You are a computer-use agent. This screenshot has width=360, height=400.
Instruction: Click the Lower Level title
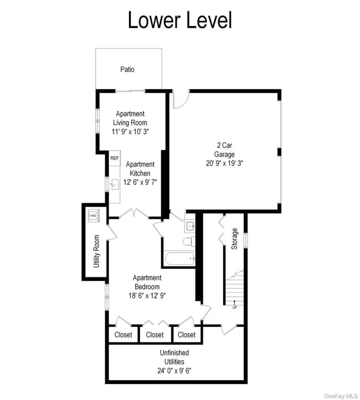180,20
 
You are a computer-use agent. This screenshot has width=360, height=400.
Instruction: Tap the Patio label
127,69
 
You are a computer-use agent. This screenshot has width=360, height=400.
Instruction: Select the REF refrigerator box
115,158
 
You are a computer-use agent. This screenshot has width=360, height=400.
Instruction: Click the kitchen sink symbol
115,184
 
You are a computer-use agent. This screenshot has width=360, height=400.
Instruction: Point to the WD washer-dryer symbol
94,216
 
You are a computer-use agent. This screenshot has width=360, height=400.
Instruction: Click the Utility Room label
96,252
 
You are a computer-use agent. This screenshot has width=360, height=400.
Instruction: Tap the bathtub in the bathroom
180,259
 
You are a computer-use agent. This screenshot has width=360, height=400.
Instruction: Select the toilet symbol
189,242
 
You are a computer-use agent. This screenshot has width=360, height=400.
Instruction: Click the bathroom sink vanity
189,226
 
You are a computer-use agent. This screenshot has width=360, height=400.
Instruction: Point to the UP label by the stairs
235,307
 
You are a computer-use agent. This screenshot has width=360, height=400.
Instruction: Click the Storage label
234,239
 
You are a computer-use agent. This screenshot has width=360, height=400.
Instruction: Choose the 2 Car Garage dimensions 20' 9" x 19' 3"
225,163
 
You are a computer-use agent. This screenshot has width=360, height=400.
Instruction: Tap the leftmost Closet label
123,335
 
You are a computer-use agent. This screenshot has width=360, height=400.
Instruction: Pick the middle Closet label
155,335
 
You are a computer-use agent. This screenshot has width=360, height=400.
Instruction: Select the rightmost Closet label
187,335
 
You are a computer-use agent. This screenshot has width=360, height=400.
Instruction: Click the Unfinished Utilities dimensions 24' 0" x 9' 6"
174,371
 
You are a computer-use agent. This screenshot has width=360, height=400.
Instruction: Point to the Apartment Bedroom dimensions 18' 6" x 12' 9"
147,296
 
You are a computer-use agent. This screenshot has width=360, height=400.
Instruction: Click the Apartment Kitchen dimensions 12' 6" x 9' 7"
140,182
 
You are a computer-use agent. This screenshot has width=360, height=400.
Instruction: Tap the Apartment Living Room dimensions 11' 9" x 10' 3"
130,132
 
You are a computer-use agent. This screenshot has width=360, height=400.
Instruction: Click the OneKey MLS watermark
341,396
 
